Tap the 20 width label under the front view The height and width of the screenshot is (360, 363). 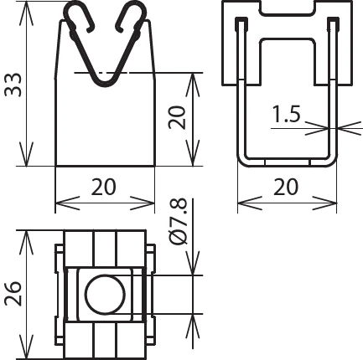coord(104,188)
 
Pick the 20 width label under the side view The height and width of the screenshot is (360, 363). coord(287,188)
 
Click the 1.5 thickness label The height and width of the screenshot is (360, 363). coord(286,116)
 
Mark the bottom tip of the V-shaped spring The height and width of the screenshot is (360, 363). coord(105,82)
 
